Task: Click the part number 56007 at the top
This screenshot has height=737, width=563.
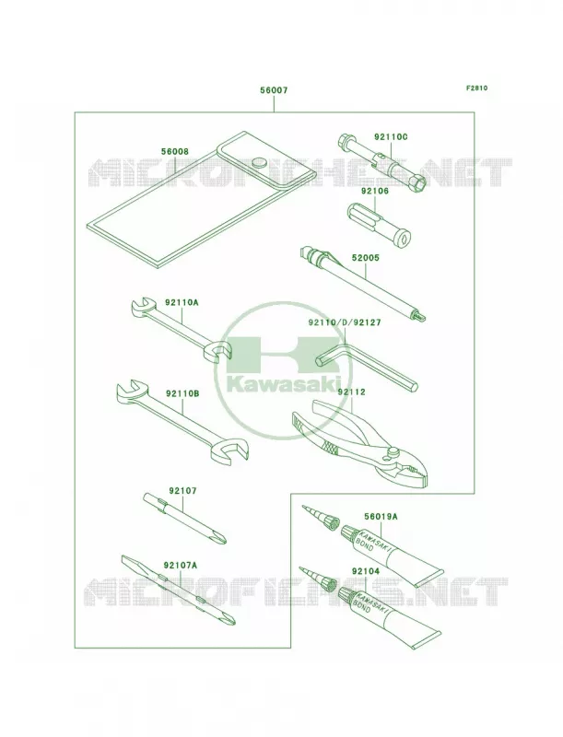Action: click(x=274, y=90)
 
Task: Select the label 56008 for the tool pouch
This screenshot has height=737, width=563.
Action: click(x=174, y=152)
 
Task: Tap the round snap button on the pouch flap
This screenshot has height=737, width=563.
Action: click(x=259, y=163)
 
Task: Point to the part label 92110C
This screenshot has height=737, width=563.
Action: click(x=391, y=136)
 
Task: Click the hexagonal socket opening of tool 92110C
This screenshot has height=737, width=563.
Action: click(x=418, y=182)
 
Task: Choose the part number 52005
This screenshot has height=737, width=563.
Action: click(x=365, y=258)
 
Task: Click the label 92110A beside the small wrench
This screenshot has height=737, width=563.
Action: click(x=182, y=303)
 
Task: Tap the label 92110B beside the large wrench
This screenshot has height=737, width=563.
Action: click(x=182, y=393)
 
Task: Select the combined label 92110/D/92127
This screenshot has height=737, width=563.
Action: click(x=345, y=323)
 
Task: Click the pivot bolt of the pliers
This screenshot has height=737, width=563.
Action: click(x=391, y=452)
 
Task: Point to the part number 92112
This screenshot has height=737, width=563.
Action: click(x=351, y=392)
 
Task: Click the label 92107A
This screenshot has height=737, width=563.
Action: click(x=181, y=565)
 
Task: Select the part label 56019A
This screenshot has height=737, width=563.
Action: click(x=381, y=517)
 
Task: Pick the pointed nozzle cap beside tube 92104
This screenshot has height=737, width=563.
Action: click(x=317, y=579)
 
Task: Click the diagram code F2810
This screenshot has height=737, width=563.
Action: click(x=476, y=88)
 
